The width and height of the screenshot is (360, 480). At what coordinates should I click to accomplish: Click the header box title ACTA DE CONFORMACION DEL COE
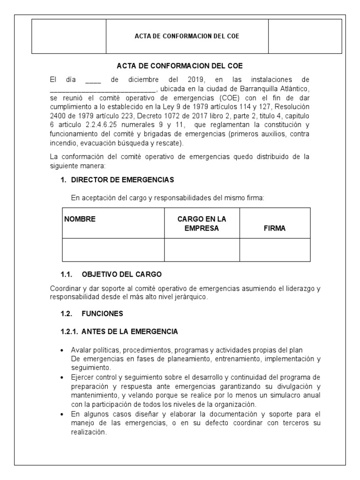187,36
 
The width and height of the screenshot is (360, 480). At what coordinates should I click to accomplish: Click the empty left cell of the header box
69,36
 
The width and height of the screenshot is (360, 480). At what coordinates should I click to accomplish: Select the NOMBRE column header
80,219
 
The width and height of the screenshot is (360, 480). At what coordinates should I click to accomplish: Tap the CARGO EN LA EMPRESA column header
202,224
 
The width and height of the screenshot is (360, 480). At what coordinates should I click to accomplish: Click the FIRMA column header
275,228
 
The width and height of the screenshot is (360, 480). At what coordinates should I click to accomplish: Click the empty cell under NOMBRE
113,249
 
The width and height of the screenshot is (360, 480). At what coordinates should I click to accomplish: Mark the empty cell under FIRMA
275,249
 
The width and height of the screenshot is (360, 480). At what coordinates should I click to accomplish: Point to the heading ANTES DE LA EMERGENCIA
130,331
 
